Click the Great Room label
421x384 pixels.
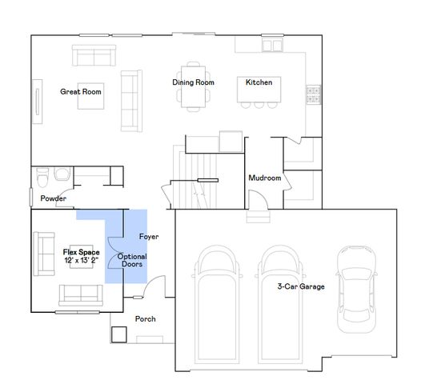pos(81,92)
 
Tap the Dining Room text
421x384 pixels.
pos(194,82)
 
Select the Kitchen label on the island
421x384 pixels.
pos(259,82)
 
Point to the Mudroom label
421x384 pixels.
pos(265,178)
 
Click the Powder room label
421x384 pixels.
pos(53,198)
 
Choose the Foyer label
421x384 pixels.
pos(149,237)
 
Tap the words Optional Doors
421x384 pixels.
pos(132,260)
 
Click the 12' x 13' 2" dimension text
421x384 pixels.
pos(82,260)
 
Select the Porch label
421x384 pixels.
pos(145,318)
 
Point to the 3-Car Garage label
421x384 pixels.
pos(301,286)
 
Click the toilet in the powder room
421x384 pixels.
pos(42,178)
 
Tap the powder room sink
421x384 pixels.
pos(62,174)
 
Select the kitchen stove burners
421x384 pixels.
pos(314,94)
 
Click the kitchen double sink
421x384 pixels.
pos(272,46)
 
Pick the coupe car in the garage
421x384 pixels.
pos(356,289)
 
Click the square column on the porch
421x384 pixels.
pos(119,334)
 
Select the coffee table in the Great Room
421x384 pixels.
pos(90,96)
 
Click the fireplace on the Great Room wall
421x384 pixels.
pos(38,102)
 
